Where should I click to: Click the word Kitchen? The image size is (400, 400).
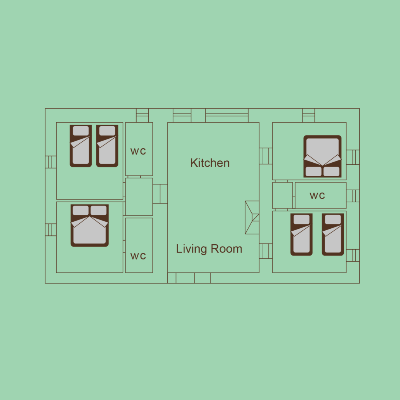pyautogui.click(x=210, y=163)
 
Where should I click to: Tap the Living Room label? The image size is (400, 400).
pyautogui.click(x=209, y=249)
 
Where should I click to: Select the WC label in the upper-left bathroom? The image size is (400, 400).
pyautogui.click(x=138, y=151)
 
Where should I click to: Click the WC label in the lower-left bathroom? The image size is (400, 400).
pyautogui.click(x=138, y=256)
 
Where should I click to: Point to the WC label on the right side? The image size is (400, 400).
pyautogui.click(x=317, y=196)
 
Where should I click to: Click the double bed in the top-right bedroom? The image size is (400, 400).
pyautogui.click(x=322, y=156)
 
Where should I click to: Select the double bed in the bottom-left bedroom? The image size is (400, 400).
pyautogui.click(x=90, y=226)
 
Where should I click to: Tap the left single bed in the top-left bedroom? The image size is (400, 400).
pyautogui.click(x=81, y=146)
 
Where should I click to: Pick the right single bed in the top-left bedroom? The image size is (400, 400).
pyautogui.click(x=107, y=146)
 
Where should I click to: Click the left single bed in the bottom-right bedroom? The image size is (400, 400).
pyautogui.click(x=301, y=235)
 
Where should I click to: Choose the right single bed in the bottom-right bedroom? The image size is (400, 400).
pyautogui.click(x=333, y=235)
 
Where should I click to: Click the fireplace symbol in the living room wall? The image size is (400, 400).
pyautogui.click(x=252, y=217)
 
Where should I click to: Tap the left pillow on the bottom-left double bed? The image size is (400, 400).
pyautogui.click(x=81, y=210)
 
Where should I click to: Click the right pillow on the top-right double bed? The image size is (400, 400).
pyautogui.click(x=331, y=172)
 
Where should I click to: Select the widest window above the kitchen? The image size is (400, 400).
pyautogui.click(x=227, y=115)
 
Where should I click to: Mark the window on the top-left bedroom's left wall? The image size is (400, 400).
pyautogui.click(x=51, y=162)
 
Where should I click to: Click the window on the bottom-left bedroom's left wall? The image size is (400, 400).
pyautogui.click(x=51, y=230)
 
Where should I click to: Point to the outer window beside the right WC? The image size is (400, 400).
pyautogui.click(x=353, y=196)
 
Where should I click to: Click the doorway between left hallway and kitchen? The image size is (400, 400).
pyautogui.click(x=160, y=194)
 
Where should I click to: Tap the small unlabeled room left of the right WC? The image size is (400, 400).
pyautogui.click(x=282, y=195)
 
